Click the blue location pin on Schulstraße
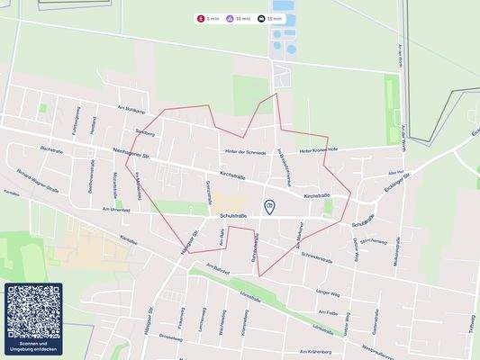[x=269, y=207]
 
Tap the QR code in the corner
[x=33, y=310]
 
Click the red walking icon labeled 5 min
[x=201, y=18]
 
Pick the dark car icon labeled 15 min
[x=261, y=18]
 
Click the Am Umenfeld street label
[x=117, y=209]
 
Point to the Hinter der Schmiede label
[x=242, y=153]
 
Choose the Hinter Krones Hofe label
[x=318, y=150]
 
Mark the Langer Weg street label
[x=328, y=293]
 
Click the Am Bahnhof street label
[x=218, y=268]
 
